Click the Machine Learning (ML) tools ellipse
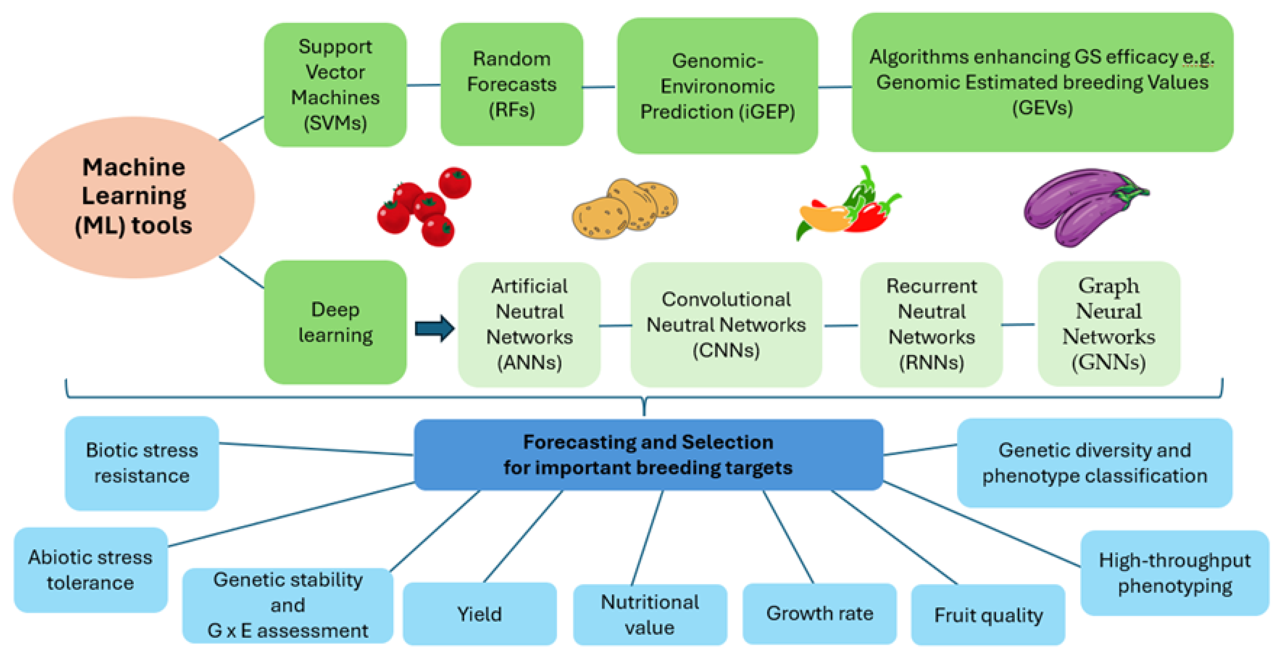point(134,197)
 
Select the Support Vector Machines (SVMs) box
point(335,85)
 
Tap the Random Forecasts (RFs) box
point(511,84)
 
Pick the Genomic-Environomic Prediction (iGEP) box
point(717,86)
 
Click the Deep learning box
point(335,322)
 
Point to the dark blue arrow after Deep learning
point(434,328)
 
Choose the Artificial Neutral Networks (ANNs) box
point(529,324)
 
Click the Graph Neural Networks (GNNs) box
point(1109,324)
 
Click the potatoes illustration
point(625,208)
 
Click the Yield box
point(479,614)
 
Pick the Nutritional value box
point(649,614)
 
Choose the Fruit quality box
point(988,615)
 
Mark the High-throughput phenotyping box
point(1174,573)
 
